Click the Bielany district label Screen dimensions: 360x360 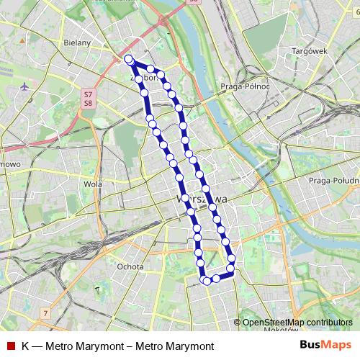click(78, 42)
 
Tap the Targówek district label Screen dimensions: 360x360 click(310, 51)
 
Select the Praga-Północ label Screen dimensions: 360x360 click(246, 87)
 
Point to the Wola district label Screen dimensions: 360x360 click(92, 184)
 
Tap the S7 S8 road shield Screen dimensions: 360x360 click(87, 99)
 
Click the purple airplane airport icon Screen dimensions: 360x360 click(27, 86)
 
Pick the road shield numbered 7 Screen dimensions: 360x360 click(45, 313)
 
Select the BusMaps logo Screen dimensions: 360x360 click(325, 346)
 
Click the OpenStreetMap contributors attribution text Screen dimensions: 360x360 click(297, 323)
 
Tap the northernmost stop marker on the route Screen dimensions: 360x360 click(128, 59)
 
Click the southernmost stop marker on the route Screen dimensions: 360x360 click(207, 281)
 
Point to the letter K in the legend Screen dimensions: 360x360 click(25, 346)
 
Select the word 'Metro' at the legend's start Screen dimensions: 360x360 click(60, 346)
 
